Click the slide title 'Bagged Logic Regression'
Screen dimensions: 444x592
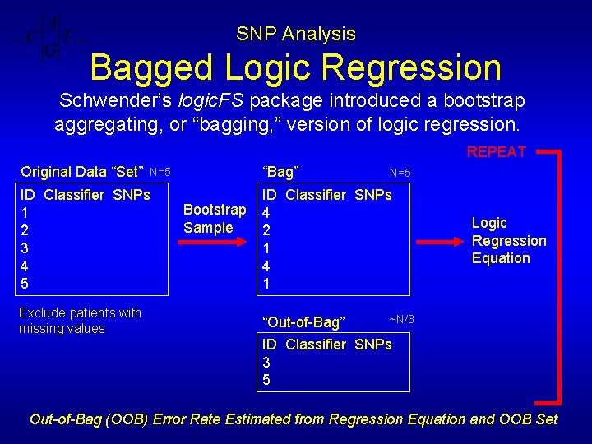[x=296, y=67]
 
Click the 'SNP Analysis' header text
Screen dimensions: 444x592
[x=296, y=34]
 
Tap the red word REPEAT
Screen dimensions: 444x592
[x=496, y=151]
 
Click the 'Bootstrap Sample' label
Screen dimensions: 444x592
[x=215, y=219]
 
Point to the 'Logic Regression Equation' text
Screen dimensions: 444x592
[x=508, y=240]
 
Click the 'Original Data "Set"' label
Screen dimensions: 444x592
[x=81, y=172]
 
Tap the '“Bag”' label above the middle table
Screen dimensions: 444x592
[x=280, y=172]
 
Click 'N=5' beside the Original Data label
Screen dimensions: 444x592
[x=160, y=172]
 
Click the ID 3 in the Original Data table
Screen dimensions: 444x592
[x=25, y=248]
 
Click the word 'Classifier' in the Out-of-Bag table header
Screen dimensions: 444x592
[x=316, y=345]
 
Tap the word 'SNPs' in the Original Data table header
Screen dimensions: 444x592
[x=131, y=195]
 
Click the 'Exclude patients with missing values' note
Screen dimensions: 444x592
[x=80, y=321]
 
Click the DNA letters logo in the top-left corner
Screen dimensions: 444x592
[x=49, y=38]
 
